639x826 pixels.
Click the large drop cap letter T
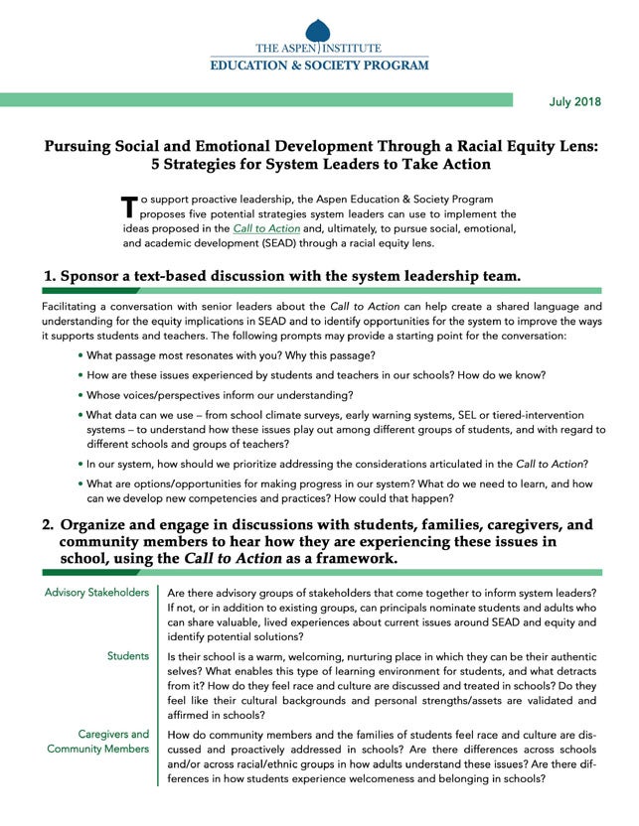[127, 206]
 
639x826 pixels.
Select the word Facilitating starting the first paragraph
[73, 307]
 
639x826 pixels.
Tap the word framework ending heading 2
[355, 560]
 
